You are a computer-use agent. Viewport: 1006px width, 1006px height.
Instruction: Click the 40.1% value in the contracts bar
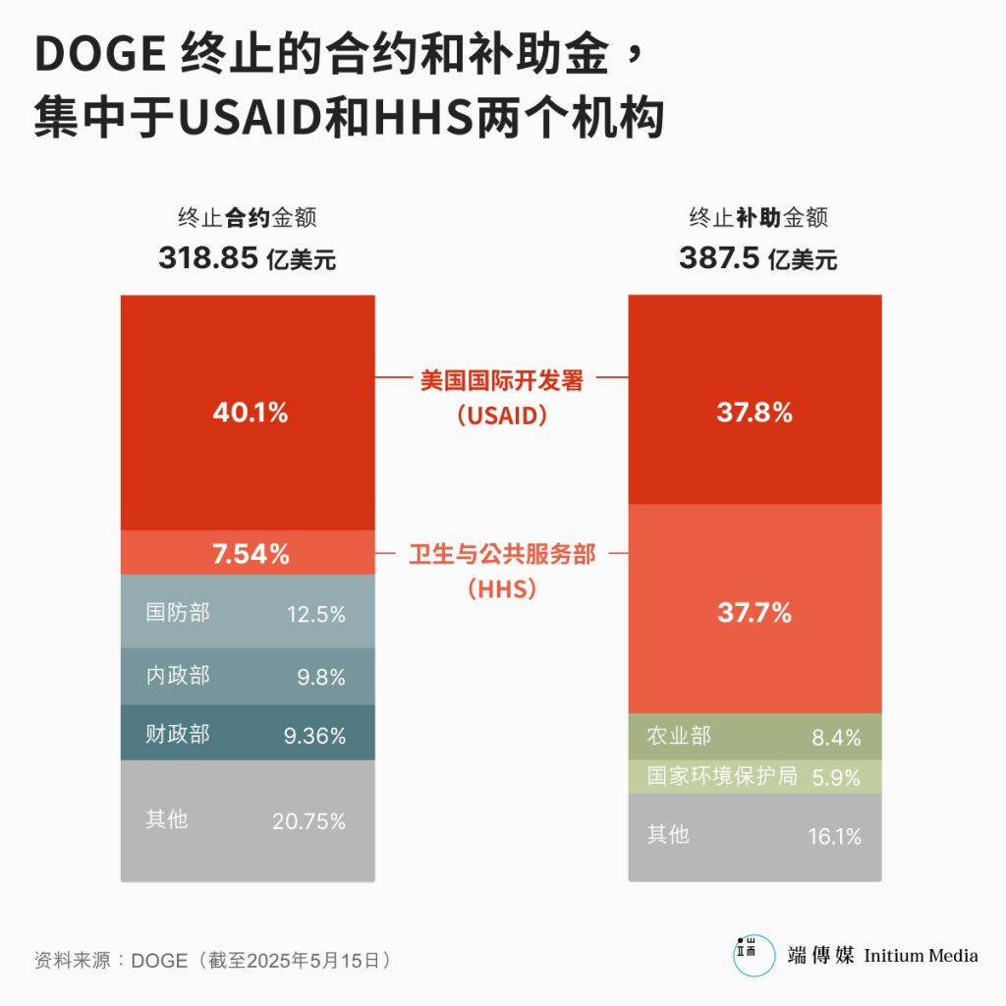coord(251,413)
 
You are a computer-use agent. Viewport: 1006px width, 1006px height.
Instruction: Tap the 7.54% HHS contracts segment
coord(251,554)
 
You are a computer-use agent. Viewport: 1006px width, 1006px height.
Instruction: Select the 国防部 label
coord(178,613)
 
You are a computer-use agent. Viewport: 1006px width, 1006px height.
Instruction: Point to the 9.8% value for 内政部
coord(321,677)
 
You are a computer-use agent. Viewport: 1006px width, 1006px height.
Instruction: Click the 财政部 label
coord(178,734)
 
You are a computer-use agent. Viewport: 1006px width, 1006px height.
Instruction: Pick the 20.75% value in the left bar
coord(308,821)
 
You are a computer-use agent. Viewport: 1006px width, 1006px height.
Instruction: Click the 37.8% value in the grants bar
coord(754,413)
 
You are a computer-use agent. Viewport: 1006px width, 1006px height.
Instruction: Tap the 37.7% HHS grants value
coord(754,614)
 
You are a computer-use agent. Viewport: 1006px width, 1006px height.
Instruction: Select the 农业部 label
coord(679,736)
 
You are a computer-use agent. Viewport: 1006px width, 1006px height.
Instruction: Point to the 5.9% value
coord(836,777)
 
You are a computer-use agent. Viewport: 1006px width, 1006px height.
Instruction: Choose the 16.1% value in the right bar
coord(835,836)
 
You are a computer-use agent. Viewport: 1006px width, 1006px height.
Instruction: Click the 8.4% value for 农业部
coord(836,737)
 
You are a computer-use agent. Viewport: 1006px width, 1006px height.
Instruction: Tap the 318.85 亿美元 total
coord(247,258)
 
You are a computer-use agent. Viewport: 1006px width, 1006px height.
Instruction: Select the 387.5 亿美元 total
coord(757,258)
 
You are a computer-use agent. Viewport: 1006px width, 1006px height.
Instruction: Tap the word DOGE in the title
coord(99,56)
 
